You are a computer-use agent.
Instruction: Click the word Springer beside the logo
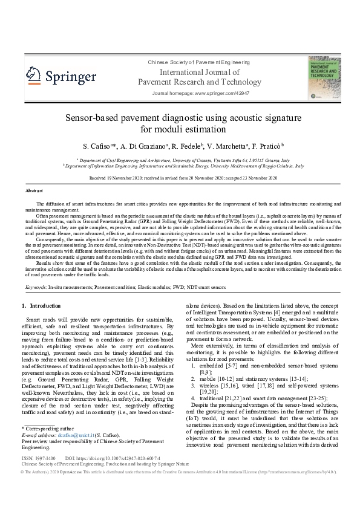click(x=70, y=77)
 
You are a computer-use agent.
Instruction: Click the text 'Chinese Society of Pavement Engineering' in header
click(x=191, y=63)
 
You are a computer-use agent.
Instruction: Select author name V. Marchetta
click(x=230, y=146)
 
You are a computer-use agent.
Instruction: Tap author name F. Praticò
click(x=267, y=146)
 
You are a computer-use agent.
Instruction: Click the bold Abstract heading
click(x=34, y=190)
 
